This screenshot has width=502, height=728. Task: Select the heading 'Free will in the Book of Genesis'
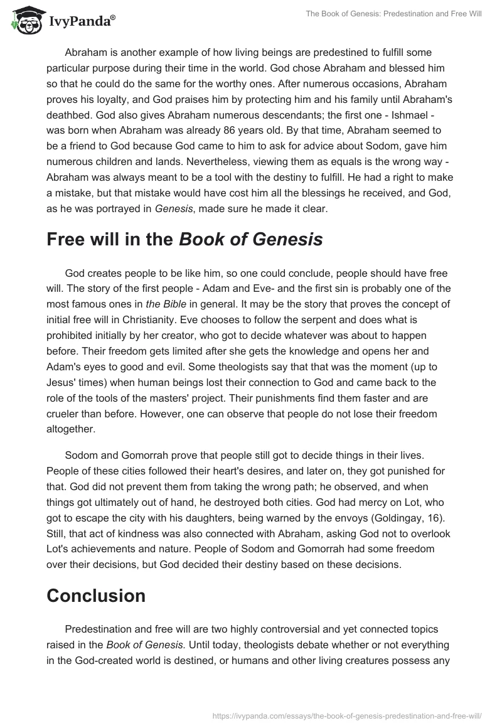coord(184,240)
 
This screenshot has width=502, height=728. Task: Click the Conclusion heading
coord(96,595)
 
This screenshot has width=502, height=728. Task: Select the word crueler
coord(65,413)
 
